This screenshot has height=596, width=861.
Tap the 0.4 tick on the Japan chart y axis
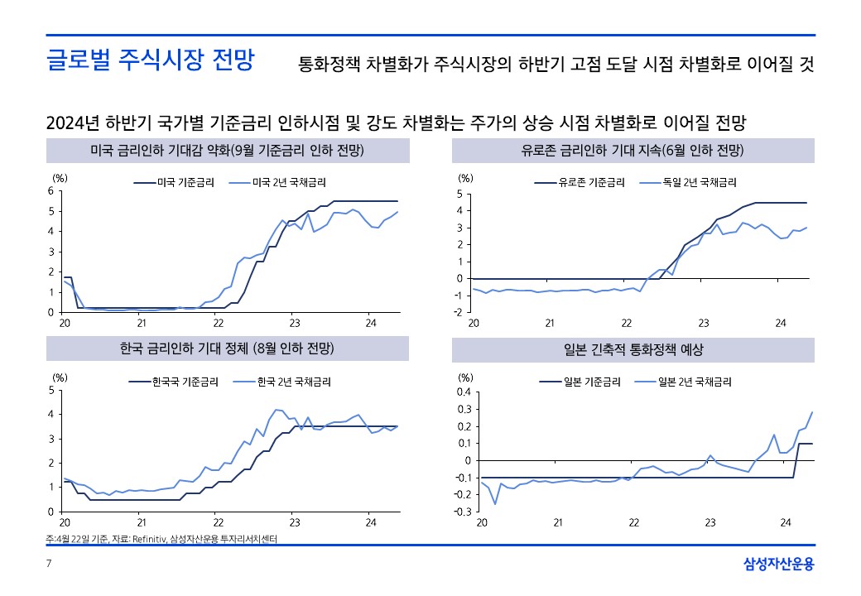(x=462, y=392)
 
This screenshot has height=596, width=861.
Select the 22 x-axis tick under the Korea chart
(x=219, y=522)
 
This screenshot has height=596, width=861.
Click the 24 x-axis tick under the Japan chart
(x=786, y=522)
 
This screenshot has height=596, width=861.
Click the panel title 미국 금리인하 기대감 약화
(x=227, y=151)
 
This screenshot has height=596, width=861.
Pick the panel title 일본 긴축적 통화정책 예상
(x=633, y=350)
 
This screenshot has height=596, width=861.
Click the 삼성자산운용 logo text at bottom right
(x=779, y=565)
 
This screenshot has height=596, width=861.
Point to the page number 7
(x=49, y=565)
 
